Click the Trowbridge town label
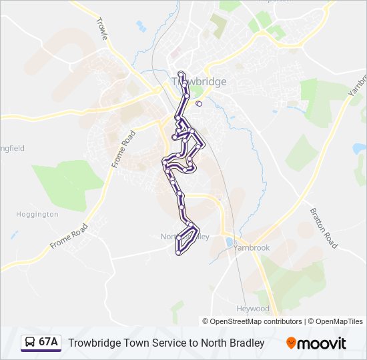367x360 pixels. pyautogui.click(x=200, y=81)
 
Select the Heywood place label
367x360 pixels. pyautogui.click(x=253, y=309)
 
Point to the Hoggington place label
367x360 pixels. pyautogui.click(x=37, y=215)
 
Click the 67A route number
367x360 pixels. pyautogui.click(x=49, y=343)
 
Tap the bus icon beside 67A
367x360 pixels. pyautogui.click(x=30, y=343)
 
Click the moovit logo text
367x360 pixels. pyautogui.click(x=322, y=343)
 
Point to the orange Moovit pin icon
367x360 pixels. pyautogui.click(x=292, y=343)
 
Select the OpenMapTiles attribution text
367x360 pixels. pyautogui.click(x=339, y=321)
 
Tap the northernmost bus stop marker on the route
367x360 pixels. pyautogui.click(x=181, y=73)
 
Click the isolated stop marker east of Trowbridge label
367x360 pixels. pyautogui.click(x=199, y=103)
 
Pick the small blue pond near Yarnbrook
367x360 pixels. pyautogui.click(x=230, y=241)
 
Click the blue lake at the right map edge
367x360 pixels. pyautogui.click(x=360, y=147)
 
